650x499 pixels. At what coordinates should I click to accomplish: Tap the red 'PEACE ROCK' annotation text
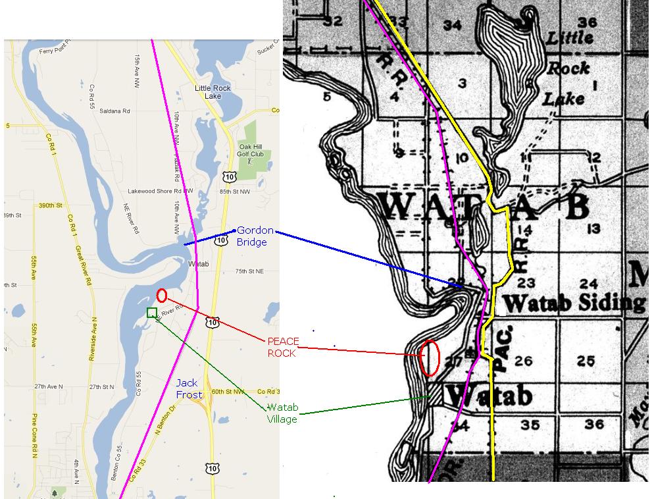click(283, 347)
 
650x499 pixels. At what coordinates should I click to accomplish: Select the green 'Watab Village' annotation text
click(282, 413)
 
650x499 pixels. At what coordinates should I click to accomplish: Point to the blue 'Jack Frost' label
click(187, 388)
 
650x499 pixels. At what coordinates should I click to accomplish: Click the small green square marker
click(152, 312)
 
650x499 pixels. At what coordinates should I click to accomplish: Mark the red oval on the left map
click(161, 296)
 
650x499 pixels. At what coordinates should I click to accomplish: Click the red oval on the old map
click(429, 358)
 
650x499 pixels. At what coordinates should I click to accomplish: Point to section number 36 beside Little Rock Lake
click(587, 22)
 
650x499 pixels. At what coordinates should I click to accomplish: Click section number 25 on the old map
click(586, 361)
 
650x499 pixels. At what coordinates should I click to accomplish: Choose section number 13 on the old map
click(593, 228)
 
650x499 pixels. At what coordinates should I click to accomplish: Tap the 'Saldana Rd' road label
click(114, 111)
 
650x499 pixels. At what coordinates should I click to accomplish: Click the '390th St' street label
click(49, 205)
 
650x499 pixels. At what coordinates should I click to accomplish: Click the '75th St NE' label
click(250, 271)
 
